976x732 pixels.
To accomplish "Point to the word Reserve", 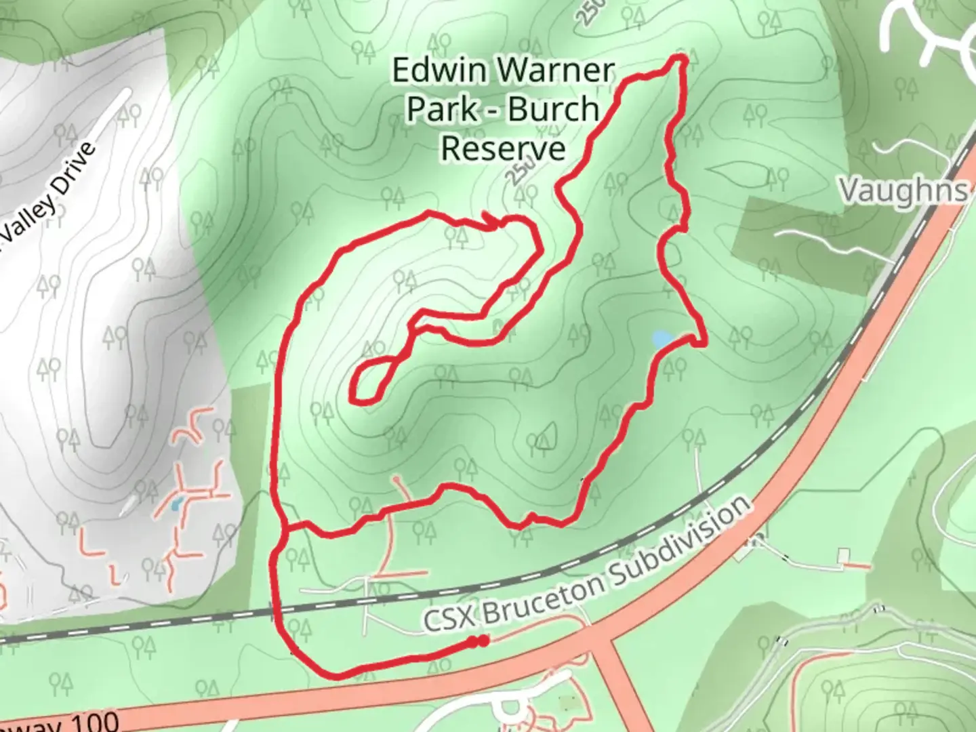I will pyautogui.click(x=503, y=148).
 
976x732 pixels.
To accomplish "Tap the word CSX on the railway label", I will pyautogui.click(x=450, y=619).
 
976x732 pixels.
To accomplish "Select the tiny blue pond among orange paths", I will pyautogui.click(x=176, y=504).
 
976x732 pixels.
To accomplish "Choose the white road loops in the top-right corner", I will pyautogui.click(x=929, y=30).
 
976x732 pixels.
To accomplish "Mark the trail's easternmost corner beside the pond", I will pyautogui.click(x=705, y=343).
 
